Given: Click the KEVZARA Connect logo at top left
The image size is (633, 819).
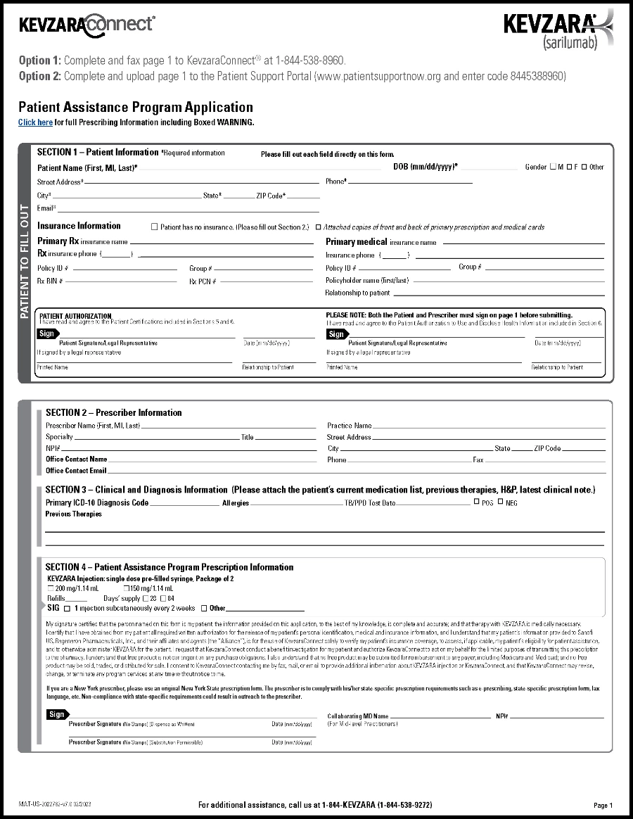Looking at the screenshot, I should point(87,25).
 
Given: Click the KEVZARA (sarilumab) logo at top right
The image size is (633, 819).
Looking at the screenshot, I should point(558,30).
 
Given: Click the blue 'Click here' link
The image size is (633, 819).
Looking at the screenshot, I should point(35,122).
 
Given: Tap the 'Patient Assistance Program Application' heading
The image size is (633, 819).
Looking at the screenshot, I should point(136,107).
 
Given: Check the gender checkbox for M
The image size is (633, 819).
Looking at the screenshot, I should point(552,167).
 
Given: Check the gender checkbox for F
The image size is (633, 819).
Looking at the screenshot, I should point(568,167).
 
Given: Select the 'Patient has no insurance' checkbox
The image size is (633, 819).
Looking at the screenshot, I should point(155,227).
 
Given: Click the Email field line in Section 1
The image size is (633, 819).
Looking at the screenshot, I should point(188,208).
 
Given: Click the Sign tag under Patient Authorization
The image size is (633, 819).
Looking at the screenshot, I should point(46,334).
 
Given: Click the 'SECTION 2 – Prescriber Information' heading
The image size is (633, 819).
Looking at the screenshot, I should point(114,412).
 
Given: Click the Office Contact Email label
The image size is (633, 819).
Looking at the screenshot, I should point(76,471).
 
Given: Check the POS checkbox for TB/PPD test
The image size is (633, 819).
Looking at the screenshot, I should point(476,502).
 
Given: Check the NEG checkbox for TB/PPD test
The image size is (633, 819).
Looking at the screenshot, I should point(500,502).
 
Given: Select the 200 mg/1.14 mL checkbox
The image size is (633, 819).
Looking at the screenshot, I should point(51,588).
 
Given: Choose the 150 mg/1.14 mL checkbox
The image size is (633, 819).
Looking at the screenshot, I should point(127,588).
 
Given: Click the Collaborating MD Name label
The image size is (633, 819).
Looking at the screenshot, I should point(358,716).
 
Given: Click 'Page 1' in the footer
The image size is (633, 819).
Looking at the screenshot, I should point(603,805).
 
